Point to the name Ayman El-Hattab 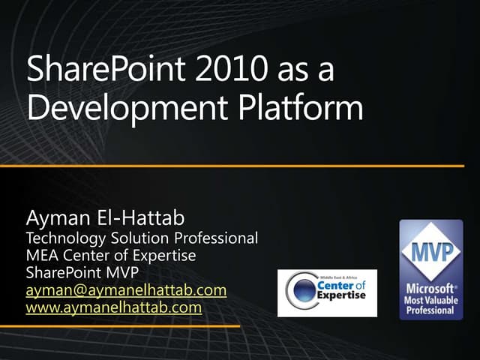click(x=105, y=220)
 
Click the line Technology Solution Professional click(x=142, y=238)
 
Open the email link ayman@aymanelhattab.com click(x=126, y=289)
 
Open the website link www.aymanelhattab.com click(x=113, y=307)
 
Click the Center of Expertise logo click(x=327, y=292)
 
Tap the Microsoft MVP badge click(x=430, y=269)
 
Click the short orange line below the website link click(x=120, y=326)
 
